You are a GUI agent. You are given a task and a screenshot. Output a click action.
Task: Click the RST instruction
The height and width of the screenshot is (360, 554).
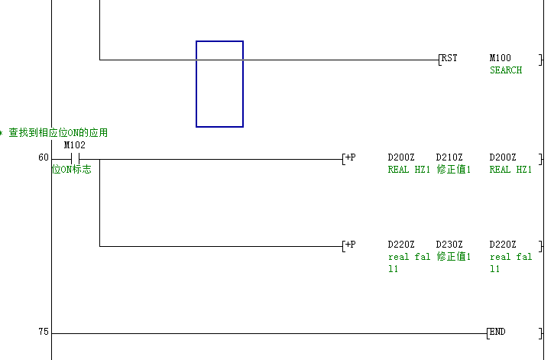point(449,58)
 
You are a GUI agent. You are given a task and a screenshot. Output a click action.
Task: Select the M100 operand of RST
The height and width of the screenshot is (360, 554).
point(501,58)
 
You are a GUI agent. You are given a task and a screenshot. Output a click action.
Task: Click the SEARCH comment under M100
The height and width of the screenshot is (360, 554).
point(506,70)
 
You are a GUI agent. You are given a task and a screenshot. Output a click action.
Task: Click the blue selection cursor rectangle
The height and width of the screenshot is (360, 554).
point(220,84)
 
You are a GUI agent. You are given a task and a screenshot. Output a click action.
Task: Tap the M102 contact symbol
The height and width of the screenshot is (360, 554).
point(75,159)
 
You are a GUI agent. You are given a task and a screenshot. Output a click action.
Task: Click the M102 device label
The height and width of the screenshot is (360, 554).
point(75,145)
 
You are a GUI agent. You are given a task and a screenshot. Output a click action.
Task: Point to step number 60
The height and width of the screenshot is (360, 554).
point(44,157)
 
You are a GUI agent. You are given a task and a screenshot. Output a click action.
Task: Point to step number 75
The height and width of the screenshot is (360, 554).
point(44,332)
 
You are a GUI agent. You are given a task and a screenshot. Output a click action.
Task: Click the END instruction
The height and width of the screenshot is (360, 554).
point(497,332)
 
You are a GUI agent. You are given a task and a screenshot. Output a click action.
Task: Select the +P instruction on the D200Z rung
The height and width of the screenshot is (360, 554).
point(350,157)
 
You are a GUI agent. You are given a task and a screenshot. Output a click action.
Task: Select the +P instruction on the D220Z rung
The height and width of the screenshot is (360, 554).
point(350,245)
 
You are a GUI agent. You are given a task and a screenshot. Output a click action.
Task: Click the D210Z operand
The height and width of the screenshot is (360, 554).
point(449,157)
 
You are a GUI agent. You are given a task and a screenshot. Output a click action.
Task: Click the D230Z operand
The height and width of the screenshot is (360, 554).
point(449,245)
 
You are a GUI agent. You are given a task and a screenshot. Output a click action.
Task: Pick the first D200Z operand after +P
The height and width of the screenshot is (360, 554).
point(401,157)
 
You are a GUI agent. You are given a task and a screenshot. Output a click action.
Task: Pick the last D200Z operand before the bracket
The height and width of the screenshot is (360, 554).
point(503,157)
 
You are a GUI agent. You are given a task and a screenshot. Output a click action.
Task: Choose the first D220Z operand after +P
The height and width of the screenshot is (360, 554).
point(401,245)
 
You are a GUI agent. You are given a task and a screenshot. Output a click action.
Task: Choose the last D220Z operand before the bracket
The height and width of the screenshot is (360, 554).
point(503,245)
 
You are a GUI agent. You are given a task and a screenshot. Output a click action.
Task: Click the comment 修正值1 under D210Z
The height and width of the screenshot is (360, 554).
point(454,170)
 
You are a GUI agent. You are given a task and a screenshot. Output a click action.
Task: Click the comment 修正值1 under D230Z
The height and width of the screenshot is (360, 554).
point(454,257)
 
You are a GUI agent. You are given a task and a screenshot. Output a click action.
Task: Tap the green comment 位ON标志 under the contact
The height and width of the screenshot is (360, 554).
point(71,170)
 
